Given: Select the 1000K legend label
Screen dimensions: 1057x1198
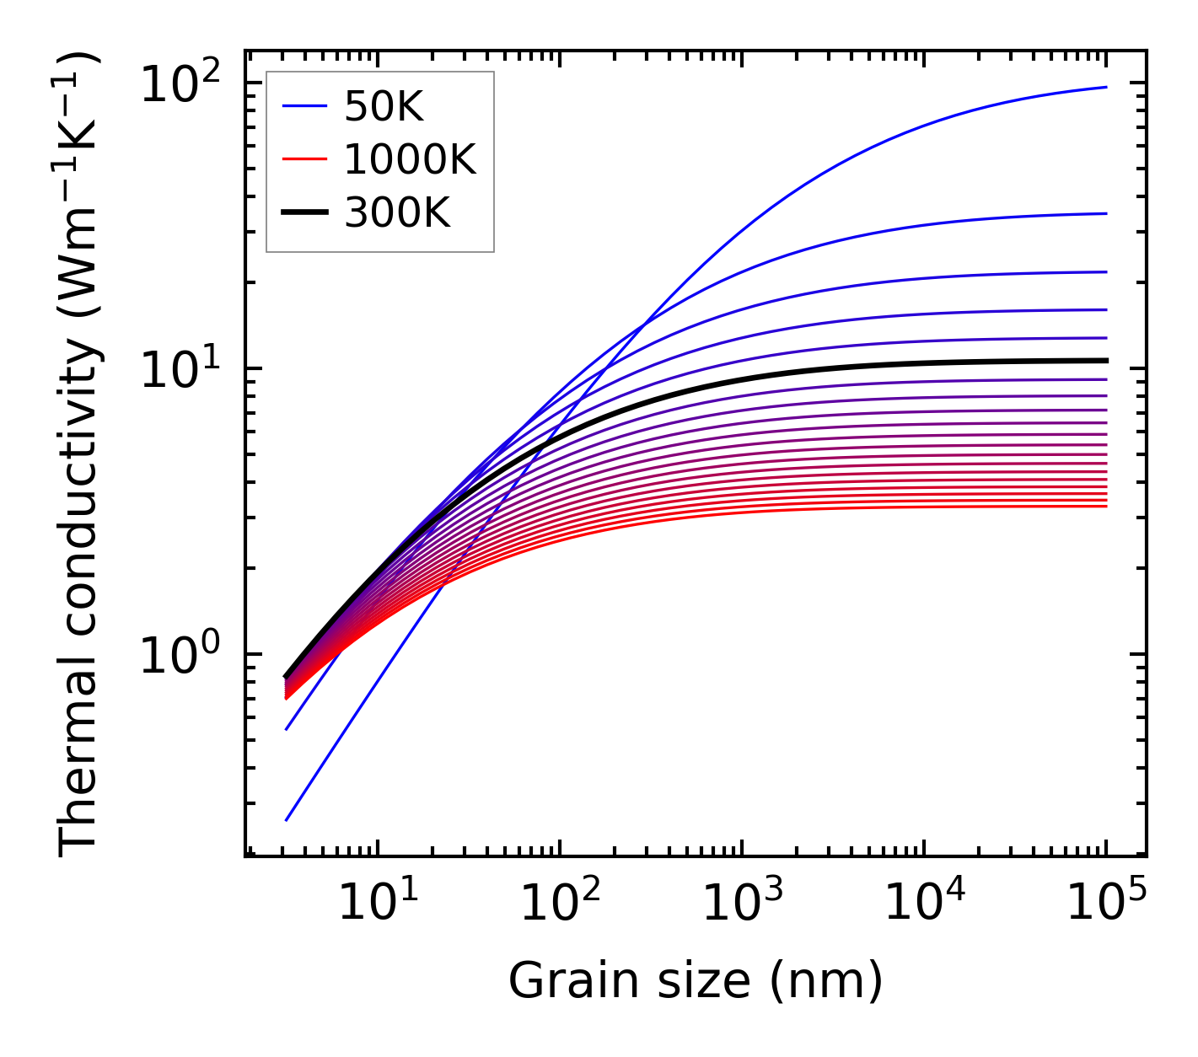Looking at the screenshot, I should pos(410,159).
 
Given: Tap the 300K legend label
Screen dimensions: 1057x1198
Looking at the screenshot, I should pos(397,213).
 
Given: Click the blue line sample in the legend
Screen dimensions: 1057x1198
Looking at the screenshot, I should pos(304,106).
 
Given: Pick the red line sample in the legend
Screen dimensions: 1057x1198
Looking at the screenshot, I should pos(304,159).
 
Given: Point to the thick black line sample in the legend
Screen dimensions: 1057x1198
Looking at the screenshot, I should pos(304,213).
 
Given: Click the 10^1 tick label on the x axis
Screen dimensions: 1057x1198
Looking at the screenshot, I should pos(377,904).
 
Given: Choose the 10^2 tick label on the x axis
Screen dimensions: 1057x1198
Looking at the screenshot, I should pos(559,904).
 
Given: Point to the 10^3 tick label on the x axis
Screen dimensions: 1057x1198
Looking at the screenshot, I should pos(741,904).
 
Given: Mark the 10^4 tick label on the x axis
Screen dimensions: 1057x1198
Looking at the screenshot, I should pos(924,904).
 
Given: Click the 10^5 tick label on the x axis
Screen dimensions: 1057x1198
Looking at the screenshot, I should pos(1106,904).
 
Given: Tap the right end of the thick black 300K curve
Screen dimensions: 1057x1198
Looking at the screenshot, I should pos(1106,361).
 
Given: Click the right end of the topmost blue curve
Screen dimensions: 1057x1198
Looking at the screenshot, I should pos(1106,87).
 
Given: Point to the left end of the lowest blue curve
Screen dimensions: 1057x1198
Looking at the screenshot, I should pos(287,820).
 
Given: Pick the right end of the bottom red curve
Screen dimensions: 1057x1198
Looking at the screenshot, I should pos(1106,506).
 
